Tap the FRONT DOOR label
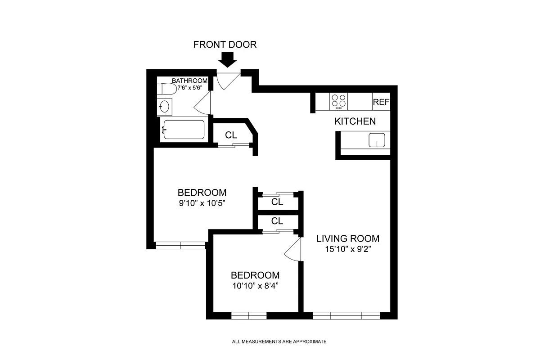[x=225, y=45]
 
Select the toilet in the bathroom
[x=167, y=89]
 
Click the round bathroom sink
[x=164, y=107]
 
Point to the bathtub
[x=184, y=130]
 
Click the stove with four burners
[x=338, y=101]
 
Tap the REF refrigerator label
[x=381, y=102]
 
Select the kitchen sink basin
[x=377, y=140]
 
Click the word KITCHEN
[x=355, y=121]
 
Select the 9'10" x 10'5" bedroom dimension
[x=202, y=203]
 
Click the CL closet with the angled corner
[x=231, y=135]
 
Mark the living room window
[x=346, y=315]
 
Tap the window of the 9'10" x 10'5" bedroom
[x=180, y=245]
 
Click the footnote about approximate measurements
[x=279, y=342]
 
